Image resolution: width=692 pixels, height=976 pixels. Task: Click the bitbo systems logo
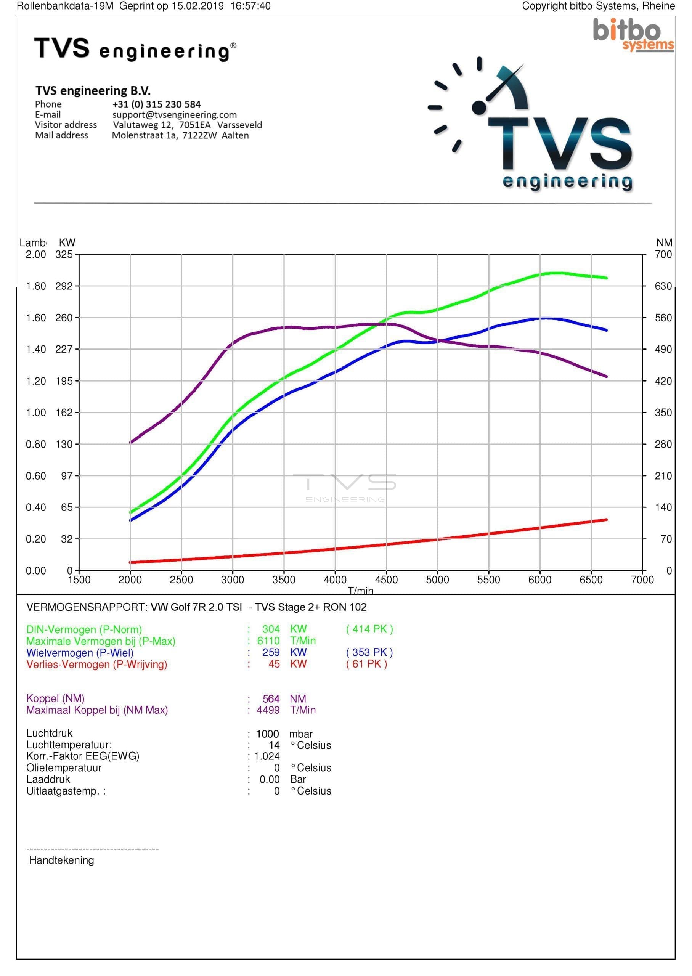point(633,35)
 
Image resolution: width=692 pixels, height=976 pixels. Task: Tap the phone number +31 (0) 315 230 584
point(156,104)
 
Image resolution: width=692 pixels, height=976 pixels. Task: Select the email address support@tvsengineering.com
point(174,115)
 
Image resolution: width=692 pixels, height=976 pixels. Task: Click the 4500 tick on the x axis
point(386,579)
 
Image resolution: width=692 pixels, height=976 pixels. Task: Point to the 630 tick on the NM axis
point(663,286)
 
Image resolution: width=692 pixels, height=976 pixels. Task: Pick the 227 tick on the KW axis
point(64,349)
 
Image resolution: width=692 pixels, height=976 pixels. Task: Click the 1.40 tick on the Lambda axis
point(36,349)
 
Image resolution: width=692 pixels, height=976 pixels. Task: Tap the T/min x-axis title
point(360,591)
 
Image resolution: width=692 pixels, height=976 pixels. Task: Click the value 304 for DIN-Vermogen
point(271,629)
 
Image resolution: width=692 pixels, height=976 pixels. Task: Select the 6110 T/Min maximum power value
point(268,641)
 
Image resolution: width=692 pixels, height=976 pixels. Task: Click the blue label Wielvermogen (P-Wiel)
point(80,653)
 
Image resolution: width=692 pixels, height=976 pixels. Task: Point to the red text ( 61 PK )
point(366,664)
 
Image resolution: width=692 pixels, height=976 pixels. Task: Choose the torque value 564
point(271,699)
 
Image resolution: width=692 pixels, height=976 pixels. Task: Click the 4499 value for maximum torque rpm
point(268,710)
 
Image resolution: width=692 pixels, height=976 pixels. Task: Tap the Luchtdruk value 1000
point(267,734)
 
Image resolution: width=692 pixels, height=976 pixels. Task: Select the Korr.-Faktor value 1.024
point(267,756)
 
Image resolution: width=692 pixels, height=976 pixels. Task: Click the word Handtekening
point(62,860)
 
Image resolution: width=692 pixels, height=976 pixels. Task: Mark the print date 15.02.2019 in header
point(198,6)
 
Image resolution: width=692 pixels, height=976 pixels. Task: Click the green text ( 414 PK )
point(369,629)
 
